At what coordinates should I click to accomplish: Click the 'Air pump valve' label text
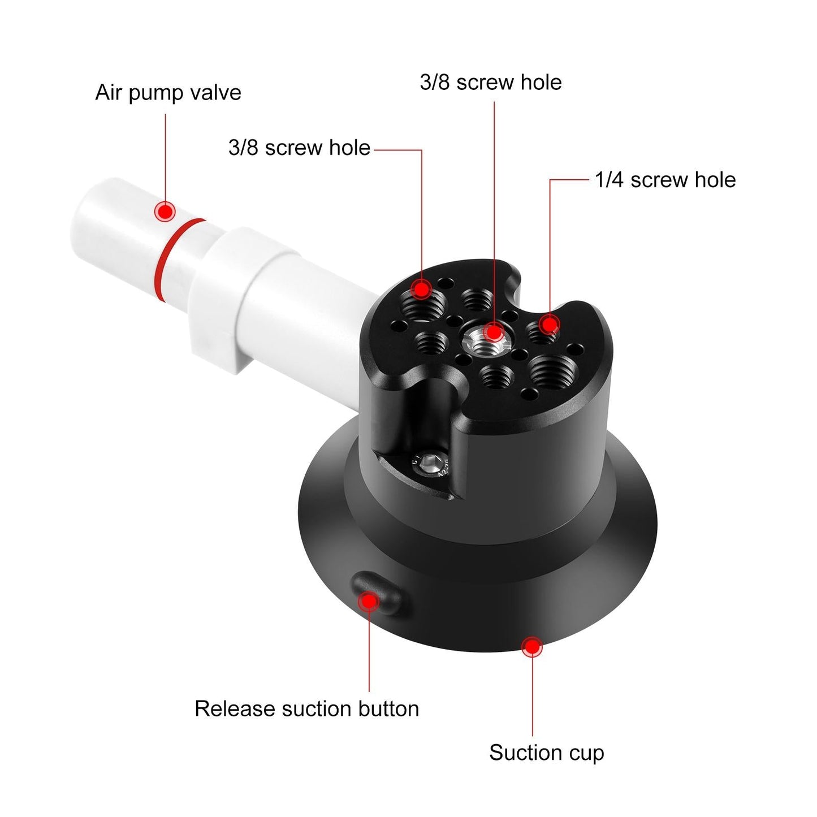point(168,93)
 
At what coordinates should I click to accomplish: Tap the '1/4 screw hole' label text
point(665,180)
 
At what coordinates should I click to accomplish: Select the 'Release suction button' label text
point(306,708)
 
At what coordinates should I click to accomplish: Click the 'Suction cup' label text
point(546,753)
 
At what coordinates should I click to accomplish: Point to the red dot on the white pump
point(165,212)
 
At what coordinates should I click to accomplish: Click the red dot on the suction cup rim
point(531,646)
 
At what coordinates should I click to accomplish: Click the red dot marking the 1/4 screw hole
point(548,325)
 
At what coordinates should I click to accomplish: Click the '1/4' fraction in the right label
point(609,180)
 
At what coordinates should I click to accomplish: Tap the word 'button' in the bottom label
point(387,708)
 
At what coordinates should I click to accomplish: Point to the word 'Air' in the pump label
point(108,93)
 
